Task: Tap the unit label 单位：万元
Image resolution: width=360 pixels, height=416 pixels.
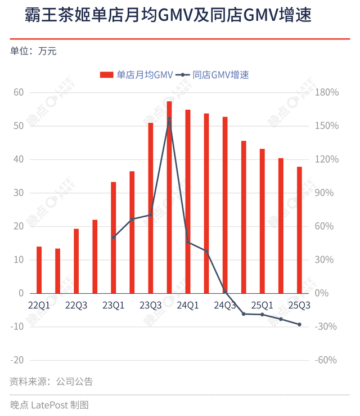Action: click(x=33, y=51)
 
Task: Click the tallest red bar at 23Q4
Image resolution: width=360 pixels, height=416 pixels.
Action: click(x=169, y=197)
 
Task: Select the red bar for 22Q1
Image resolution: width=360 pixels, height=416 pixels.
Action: click(x=39, y=270)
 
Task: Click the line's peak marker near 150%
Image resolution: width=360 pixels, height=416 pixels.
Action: click(x=169, y=119)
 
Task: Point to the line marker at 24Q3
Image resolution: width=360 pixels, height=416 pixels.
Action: click(x=225, y=292)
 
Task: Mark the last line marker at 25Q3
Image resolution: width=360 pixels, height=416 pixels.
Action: click(x=299, y=324)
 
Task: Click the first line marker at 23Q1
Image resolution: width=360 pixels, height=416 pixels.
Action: click(x=114, y=237)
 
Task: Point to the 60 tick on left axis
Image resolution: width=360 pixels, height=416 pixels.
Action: click(x=20, y=92)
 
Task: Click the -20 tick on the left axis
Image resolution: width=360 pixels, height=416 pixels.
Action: click(x=17, y=360)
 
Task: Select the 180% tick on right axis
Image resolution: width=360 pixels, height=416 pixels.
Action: click(x=327, y=92)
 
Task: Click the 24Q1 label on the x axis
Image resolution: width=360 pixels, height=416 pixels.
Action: click(x=188, y=305)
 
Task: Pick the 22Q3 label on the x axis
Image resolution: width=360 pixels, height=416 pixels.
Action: click(x=76, y=305)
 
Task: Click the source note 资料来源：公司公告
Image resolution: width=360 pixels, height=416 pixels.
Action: click(x=51, y=382)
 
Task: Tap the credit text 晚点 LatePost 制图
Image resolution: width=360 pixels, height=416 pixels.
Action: click(x=49, y=404)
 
